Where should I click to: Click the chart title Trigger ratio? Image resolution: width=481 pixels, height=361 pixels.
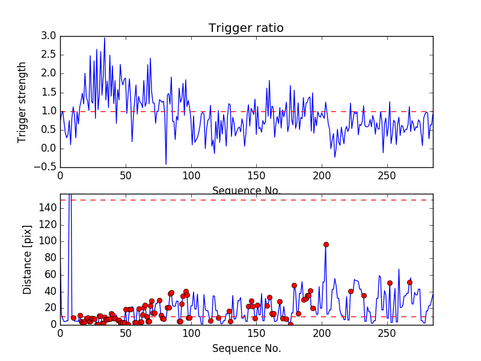(246, 28)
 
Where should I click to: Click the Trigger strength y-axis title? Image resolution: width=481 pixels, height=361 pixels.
(22, 102)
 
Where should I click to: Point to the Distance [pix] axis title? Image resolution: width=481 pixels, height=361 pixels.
(28, 265)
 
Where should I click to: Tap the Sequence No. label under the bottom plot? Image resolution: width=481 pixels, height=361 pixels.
(247, 348)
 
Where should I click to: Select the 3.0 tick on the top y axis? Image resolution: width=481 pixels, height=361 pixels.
(49, 36)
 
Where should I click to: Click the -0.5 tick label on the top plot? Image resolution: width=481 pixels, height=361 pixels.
(47, 167)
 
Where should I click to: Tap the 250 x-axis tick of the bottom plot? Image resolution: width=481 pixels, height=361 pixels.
(387, 333)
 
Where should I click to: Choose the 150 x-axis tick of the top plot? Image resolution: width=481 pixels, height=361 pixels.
(256, 176)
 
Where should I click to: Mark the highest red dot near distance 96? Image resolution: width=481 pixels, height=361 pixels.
(326, 244)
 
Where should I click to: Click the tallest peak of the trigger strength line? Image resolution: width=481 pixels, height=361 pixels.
(105, 38)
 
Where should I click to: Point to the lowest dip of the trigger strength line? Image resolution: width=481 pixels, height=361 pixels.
(166, 164)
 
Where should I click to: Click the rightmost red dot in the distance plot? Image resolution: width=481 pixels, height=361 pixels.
(409, 282)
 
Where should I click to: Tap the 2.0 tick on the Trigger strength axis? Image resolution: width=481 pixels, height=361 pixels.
(49, 73)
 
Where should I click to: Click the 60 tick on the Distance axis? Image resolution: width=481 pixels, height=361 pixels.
(51, 274)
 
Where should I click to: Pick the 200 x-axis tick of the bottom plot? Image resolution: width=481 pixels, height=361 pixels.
(322, 333)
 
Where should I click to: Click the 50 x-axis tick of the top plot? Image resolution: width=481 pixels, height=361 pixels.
(126, 176)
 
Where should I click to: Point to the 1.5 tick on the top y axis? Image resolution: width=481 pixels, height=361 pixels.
(49, 92)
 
